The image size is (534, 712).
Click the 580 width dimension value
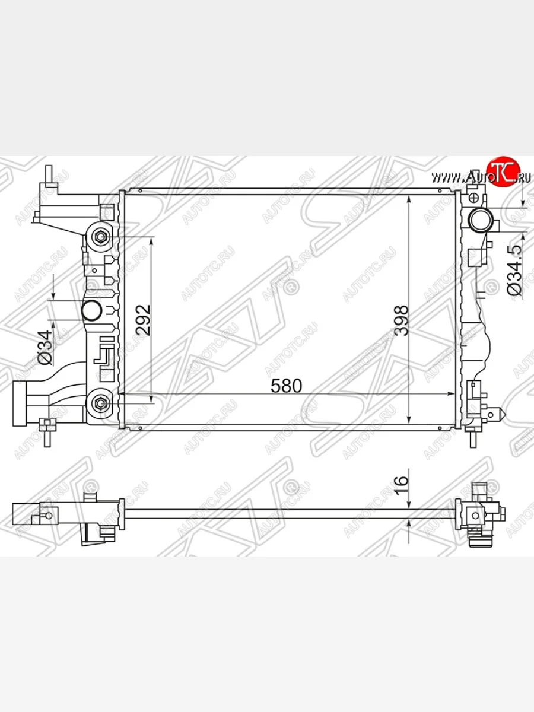286,386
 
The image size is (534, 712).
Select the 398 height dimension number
401,320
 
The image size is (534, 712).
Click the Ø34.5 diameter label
515,270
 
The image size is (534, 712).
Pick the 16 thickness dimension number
401,485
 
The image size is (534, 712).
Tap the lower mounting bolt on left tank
100,403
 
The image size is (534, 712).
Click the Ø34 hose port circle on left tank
92,310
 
